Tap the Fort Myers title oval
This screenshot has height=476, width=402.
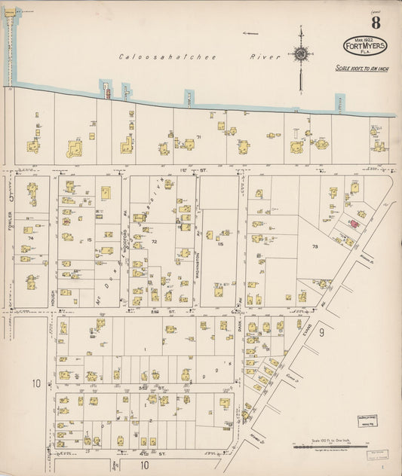(x=366, y=46)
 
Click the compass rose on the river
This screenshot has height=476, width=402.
(x=301, y=54)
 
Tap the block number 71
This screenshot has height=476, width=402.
(x=199, y=136)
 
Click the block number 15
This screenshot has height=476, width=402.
(x=88, y=240)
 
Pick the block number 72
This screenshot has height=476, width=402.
(x=153, y=242)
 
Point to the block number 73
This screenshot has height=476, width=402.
(x=315, y=246)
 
